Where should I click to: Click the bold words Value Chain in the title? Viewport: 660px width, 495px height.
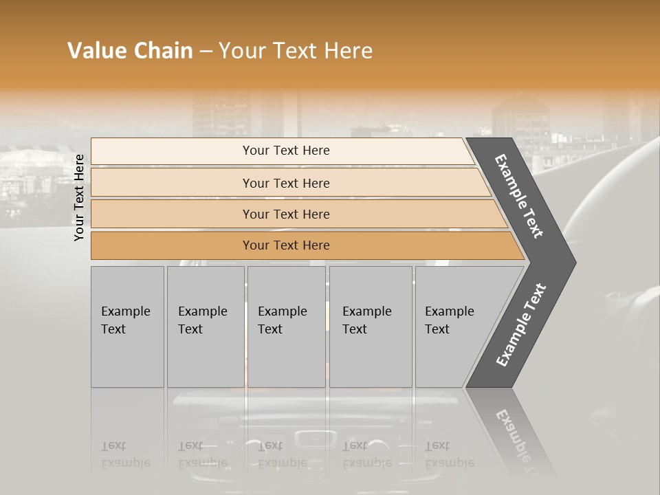click(130, 51)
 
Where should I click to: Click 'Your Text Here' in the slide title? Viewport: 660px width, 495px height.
click(296, 51)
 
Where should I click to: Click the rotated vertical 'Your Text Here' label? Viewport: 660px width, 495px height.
click(80, 197)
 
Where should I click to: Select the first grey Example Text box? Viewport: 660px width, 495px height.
click(127, 327)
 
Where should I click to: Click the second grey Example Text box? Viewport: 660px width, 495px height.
click(205, 327)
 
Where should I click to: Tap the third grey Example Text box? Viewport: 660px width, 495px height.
click(285, 327)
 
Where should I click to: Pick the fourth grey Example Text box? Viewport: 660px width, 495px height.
click(370, 327)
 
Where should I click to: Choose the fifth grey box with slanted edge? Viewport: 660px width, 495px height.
click(454, 327)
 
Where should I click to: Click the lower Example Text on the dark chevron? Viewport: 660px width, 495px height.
click(520, 325)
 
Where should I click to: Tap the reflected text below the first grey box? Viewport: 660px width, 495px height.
click(125, 455)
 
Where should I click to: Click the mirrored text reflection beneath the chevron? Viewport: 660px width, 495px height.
click(516, 437)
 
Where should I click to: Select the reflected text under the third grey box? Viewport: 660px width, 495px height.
click(282, 455)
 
